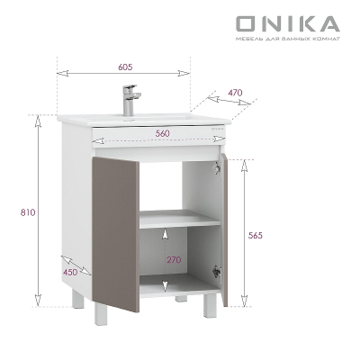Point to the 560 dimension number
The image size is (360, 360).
pyautogui.click(x=163, y=133)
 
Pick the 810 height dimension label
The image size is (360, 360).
pyautogui.click(x=26, y=212)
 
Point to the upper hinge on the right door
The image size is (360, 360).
pyautogui.click(x=217, y=165)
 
